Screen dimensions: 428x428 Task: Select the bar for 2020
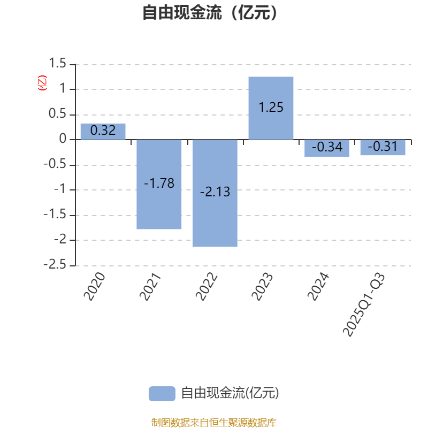(103, 132)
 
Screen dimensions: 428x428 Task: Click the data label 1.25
(271, 108)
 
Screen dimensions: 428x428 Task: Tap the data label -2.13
(215, 192)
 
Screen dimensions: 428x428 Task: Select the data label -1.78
(159, 184)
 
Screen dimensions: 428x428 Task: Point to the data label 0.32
(103, 131)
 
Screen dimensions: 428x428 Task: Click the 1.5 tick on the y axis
(57, 64)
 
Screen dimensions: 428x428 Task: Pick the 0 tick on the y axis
(63, 140)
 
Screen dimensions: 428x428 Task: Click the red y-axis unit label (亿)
(42, 83)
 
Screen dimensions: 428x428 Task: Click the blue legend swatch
(162, 393)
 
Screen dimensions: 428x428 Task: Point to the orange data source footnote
(214, 423)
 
